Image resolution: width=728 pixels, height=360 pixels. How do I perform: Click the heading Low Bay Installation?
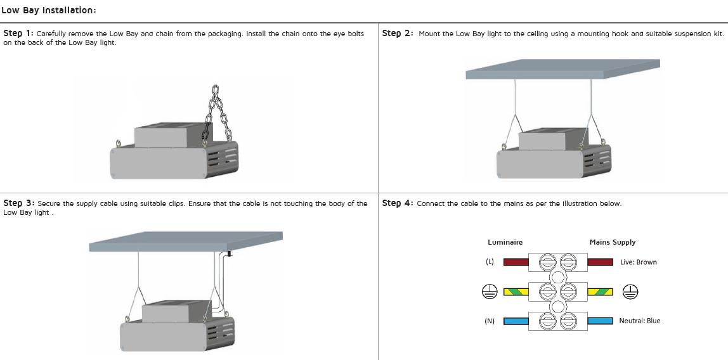click(x=49, y=10)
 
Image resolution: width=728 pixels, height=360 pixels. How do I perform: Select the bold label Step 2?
click(x=398, y=34)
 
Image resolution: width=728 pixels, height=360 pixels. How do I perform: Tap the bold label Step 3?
click(x=18, y=203)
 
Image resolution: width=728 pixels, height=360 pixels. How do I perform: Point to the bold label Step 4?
click(x=398, y=203)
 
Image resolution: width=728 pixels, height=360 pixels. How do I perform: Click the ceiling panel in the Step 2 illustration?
click(x=562, y=69)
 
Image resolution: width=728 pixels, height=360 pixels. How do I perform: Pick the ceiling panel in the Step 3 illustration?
click(x=185, y=241)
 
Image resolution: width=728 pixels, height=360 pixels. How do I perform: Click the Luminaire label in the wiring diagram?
click(x=505, y=242)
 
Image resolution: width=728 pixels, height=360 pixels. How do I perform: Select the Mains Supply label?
click(x=612, y=242)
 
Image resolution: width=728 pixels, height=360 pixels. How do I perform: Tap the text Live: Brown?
click(x=638, y=262)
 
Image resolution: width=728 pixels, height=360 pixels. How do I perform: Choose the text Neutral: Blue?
click(x=639, y=321)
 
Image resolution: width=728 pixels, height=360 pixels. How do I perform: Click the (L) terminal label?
click(x=490, y=262)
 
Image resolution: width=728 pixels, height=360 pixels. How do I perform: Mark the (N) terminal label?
click(x=490, y=321)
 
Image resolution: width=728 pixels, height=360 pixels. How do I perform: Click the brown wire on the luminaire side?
click(x=516, y=262)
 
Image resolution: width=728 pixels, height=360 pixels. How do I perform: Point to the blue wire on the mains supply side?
click(x=600, y=321)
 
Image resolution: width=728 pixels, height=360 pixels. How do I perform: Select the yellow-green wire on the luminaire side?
click(x=516, y=292)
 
